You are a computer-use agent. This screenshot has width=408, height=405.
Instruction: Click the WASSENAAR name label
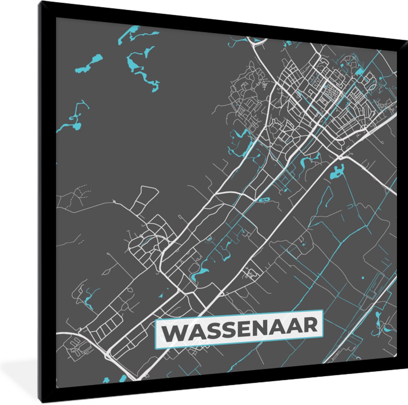pyautogui.click(x=239, y=329)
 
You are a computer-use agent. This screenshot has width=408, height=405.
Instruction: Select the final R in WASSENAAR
pyautogui.click(x=309, y=325)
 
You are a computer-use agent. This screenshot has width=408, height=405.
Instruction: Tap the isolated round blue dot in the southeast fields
pyautogui.click(x=363, y=278)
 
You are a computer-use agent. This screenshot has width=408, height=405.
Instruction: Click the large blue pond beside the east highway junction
pyautogui.click(x=337, y=172)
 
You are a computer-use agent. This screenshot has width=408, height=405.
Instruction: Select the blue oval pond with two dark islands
pyautogui.click(x=264, y=200)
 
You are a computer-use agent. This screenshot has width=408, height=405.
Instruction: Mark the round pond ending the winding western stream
pyautogui.click(x=77, y=126)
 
